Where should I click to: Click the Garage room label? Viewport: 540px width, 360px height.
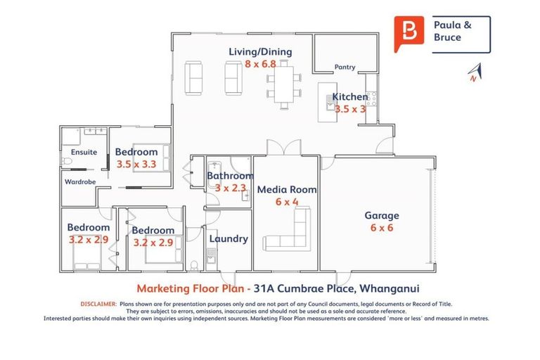tap(381, 216)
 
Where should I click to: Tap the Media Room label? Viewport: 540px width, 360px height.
tap(287, 189)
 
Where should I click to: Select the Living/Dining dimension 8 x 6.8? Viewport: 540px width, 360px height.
tap(260, 63)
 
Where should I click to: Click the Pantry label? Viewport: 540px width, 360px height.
tap(345, 67)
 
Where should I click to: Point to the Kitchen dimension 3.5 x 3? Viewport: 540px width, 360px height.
tap(349, 109)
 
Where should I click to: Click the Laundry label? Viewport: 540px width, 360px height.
tap(229, 238)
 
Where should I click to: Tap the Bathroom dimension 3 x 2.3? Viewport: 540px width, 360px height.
tap(230, 188)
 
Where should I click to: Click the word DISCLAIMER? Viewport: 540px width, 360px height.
tap(98, 304)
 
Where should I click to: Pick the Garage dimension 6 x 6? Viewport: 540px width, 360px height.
tap(381, 229)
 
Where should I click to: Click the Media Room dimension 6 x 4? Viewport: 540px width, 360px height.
tap(287, 201)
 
